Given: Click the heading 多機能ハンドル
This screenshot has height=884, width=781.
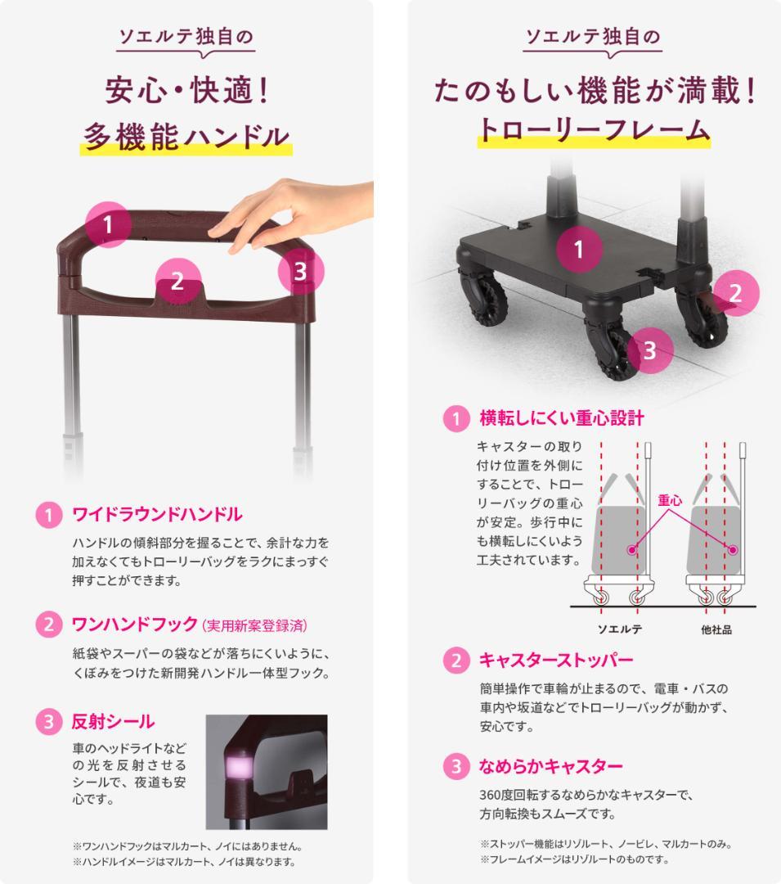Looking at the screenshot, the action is [x=186, y=137].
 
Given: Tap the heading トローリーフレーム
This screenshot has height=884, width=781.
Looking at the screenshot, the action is [x=594, y=130].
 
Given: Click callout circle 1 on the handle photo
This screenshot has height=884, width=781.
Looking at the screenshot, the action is [x=109, y=224].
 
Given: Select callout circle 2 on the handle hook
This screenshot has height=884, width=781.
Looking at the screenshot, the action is [x=178, y=281].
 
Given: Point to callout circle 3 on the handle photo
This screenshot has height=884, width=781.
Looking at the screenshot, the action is [x=301, y=271].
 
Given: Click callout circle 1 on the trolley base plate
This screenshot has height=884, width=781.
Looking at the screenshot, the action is [x=579, y=249].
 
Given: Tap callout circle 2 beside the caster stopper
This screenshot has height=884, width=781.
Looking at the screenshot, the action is [x=736, y=293].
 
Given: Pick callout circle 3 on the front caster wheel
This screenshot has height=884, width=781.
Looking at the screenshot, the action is [x=650, y=350].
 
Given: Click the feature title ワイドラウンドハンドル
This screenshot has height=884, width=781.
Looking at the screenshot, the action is [x=157, y=515].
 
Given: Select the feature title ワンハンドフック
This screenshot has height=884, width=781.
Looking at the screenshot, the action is [x=135, y=625].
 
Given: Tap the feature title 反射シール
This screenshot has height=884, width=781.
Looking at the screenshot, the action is [x=113, y=722].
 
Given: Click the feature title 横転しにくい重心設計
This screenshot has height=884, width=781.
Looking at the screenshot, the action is [x=562, y=418].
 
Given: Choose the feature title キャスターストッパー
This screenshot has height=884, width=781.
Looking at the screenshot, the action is [x=556, y=660].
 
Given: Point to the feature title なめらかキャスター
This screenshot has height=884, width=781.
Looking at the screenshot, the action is [x=550, y=766].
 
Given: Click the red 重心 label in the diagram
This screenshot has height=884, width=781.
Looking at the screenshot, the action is [x=670, y=500].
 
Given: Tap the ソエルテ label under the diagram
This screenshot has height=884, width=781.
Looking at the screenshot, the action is [x=619, y=629].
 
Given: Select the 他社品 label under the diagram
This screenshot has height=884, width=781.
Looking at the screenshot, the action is [x=716, y=629].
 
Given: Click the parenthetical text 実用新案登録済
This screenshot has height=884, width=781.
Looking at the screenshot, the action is [x=254, y=626].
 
